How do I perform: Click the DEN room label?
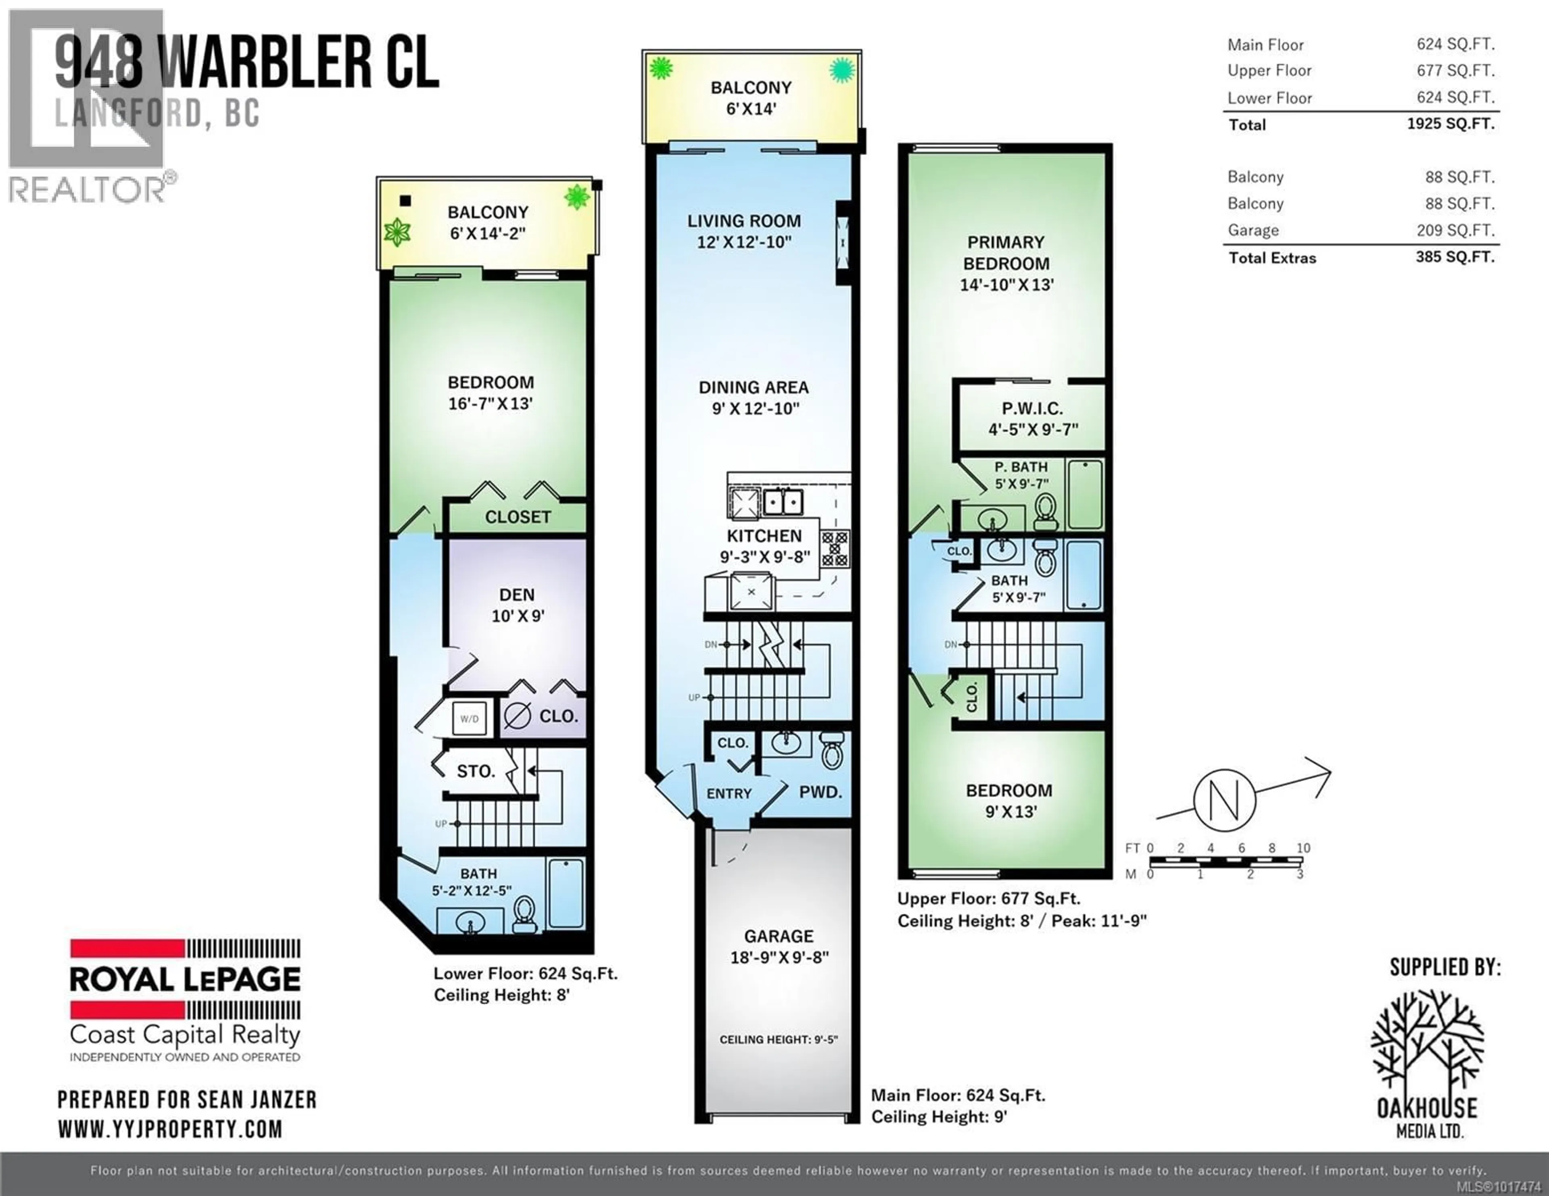tap(517, 595)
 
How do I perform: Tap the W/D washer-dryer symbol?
tap(470, 719)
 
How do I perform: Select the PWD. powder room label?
tap(820, 792)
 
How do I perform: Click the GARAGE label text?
tap(779, 936)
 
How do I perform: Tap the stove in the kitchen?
tap(835, 549)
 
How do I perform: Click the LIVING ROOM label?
tap(744, 221)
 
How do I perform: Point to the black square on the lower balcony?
tap(405, 201)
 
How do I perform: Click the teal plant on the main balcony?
tap(842, 69)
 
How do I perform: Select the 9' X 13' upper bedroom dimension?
tap(1010, 812)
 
